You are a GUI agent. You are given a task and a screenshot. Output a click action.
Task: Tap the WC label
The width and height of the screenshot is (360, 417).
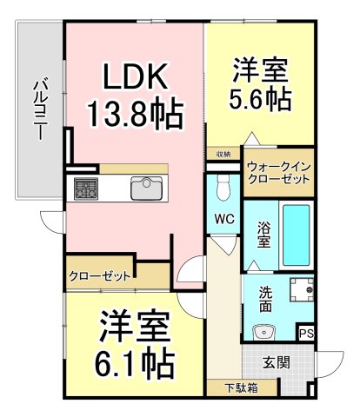pos(223,219)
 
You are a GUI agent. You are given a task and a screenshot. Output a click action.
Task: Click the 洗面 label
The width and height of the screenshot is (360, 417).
pos(265,299)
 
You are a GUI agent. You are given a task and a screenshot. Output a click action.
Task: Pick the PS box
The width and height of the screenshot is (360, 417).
pos(305,332)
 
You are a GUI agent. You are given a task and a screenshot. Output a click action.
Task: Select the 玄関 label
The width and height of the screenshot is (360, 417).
pos(277,361)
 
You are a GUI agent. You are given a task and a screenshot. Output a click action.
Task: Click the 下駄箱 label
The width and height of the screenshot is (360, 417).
pos(231,388)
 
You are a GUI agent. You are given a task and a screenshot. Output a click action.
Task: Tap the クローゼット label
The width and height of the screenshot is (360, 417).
pos(99,277)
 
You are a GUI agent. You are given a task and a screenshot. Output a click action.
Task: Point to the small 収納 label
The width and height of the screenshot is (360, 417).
pos(223,154)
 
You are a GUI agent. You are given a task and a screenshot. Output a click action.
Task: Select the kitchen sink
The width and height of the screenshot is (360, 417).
pos(145,187)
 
